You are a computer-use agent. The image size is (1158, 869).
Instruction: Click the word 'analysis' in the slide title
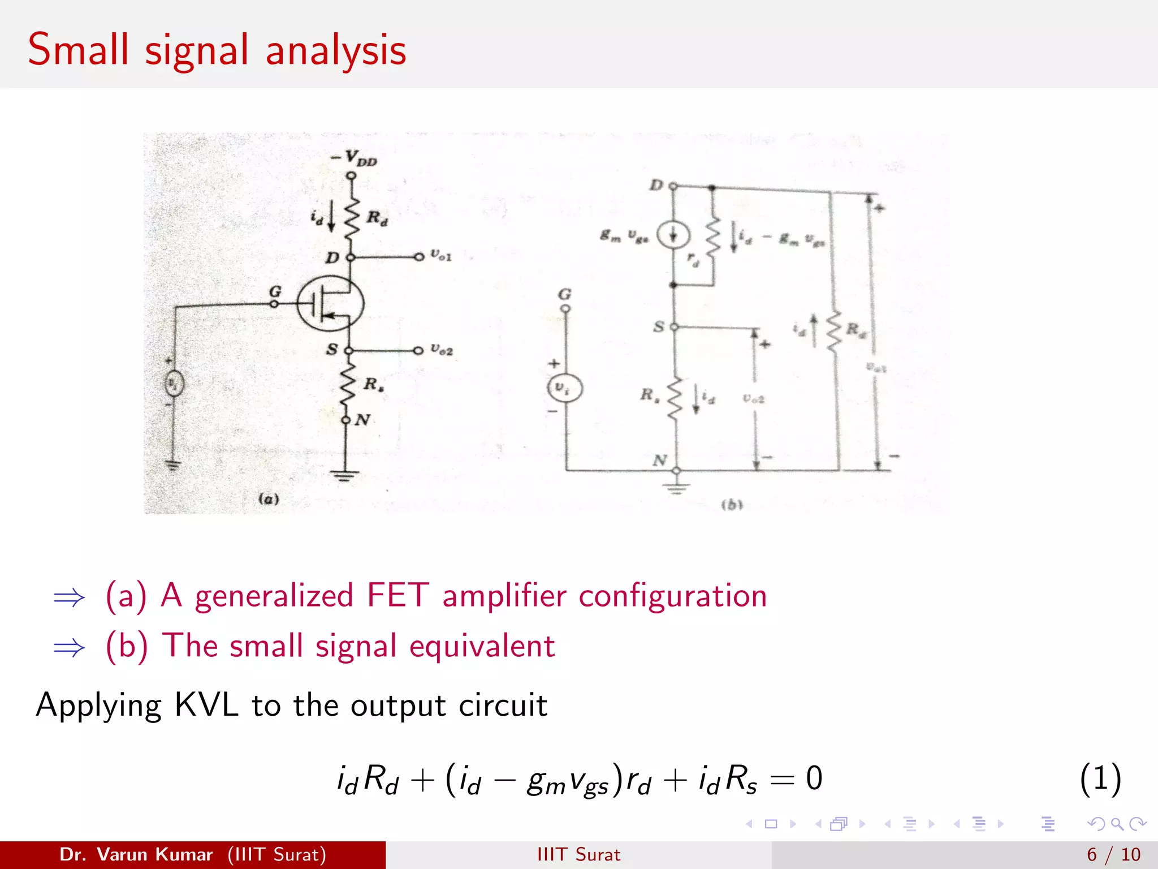[x=336, y=51]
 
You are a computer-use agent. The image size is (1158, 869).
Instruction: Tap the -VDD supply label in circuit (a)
[x=355, y=157]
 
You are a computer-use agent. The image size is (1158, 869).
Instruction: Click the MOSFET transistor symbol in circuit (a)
[x=331, y=304]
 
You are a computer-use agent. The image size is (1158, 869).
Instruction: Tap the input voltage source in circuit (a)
[x=174, y=385]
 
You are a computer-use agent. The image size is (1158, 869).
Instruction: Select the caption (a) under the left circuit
[x=269, y=499]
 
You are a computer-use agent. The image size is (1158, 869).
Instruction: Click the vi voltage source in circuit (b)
[x=564, y=388]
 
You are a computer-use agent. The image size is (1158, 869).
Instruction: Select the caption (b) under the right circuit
[x=732, y=505]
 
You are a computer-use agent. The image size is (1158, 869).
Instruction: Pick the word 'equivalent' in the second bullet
[x=482, y=646]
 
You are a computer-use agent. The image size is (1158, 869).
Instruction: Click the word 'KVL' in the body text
[x=206, y=705]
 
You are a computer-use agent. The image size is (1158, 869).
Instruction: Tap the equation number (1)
[x=1100, y=778]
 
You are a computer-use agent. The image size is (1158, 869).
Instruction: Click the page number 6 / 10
[x=1113, y=854]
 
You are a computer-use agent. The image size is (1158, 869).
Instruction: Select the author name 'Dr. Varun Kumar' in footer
[x=136, y=854]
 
